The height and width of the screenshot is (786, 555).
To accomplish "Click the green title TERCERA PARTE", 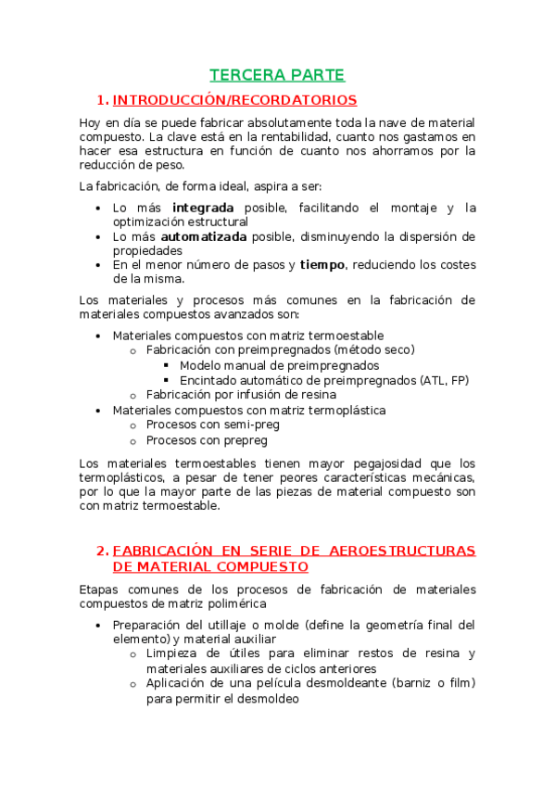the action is coord(277,75).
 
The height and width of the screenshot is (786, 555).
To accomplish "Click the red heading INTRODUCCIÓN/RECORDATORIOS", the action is coord(234,100).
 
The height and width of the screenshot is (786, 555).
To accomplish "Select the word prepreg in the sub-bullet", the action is coord(234,440).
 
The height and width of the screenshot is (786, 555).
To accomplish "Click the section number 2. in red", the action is coord(103,551).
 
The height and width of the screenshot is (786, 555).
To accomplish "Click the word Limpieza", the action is coord(173,653).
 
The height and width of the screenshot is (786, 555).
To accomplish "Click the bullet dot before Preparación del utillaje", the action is coord(99,624).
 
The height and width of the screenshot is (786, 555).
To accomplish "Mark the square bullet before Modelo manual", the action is coord(167,365).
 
